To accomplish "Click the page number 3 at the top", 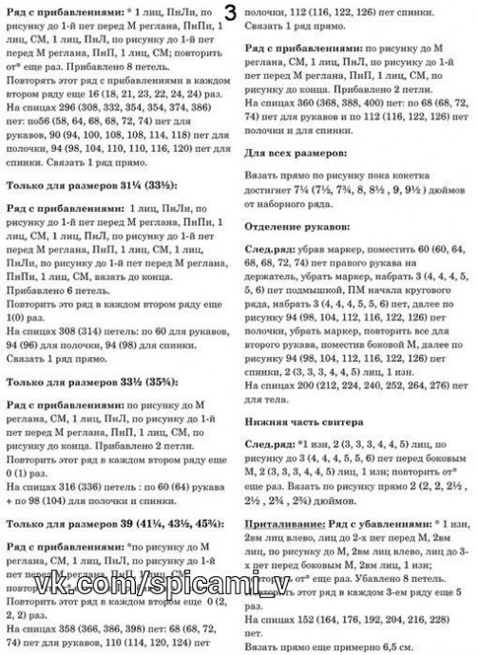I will coord(232,10).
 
